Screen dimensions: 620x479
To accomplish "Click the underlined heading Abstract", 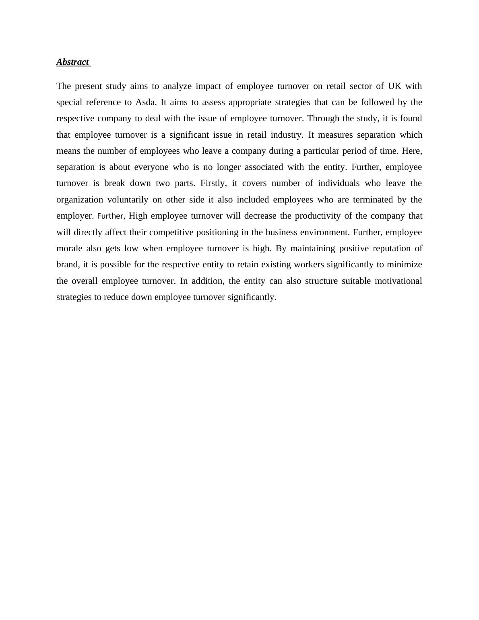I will click(73, 62).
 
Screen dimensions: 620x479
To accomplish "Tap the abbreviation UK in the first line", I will click(394, 86).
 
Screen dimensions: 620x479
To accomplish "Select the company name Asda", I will click(145, 102).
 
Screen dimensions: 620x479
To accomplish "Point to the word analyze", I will click(177, 86).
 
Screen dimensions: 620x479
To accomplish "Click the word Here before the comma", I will click(411, 151).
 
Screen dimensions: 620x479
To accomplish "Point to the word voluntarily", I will click(128, 200).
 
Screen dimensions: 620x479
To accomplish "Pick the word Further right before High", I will click(110, 216).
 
